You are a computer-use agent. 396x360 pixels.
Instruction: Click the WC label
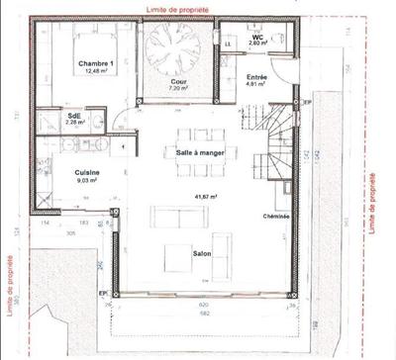click(256, 37)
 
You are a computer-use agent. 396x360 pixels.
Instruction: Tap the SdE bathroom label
click(74, 115)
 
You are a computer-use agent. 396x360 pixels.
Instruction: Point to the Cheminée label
click(274, 216)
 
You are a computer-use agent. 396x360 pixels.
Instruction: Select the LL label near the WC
click(228, 45)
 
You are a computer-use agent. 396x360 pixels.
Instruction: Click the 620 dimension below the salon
click(203, 305)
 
